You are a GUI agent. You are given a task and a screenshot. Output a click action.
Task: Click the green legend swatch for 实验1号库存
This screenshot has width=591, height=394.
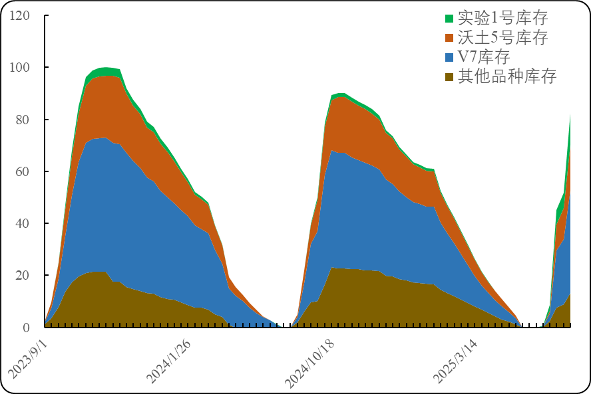tap(449, 19)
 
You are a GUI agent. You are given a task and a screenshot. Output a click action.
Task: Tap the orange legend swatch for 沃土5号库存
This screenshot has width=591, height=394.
tap(449, 38)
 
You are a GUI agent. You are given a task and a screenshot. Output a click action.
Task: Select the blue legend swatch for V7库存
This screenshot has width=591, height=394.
tap(449, 57)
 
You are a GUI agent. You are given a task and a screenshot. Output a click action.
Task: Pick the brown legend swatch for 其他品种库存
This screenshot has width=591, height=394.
tap(449, 76)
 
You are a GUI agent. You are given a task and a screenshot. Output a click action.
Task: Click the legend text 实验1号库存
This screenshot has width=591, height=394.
tap(502, 19)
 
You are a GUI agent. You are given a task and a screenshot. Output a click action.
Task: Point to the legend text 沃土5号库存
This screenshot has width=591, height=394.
tap(502, 38)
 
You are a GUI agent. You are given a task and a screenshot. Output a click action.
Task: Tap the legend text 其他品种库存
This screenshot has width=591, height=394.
tap(507, 76)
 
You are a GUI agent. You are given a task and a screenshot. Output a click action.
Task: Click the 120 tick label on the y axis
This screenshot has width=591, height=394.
tap(21, 15)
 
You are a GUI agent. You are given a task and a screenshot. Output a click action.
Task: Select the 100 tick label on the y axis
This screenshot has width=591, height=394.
tap(21, 67)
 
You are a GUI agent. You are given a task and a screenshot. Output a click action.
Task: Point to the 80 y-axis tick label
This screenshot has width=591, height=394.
tap(23, 120)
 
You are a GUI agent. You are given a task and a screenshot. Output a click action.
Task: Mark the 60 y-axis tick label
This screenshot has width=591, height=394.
tap(23, 171)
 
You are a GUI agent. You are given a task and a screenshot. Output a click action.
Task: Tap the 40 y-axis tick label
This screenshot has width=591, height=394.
tap(23, 223)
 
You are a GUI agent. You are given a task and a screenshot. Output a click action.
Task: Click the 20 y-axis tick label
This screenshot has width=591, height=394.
tap(23, 275)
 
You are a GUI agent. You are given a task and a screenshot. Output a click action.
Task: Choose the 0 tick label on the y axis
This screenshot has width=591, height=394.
tap(26, 327)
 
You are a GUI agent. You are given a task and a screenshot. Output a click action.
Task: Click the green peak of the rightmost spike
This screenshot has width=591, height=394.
tap(570, 115)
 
